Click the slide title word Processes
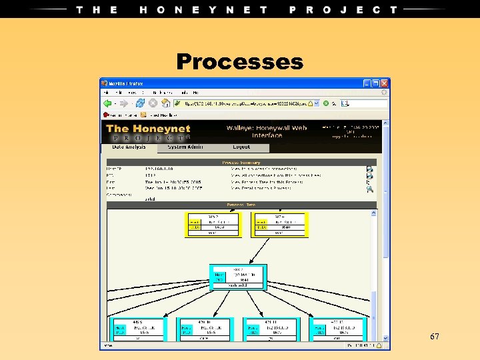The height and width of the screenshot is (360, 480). [x=239, y=62]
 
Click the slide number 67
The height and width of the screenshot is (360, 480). [x=435, y=337]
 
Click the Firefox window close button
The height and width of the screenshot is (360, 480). [x=385, y=83]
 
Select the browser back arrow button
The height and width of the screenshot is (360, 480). [x=107, y=103]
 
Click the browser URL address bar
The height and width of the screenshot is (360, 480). [x=247, y=103]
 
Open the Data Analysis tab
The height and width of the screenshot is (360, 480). [x=130, y=147]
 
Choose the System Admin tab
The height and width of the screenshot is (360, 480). [x=186, y=147]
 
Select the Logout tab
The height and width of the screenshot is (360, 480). [x=241, y=147]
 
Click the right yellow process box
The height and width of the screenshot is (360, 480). [x=279, y=225]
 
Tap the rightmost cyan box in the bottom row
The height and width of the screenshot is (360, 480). [x=337, y=329]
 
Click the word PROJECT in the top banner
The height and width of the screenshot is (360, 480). [x=343, y=9]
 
